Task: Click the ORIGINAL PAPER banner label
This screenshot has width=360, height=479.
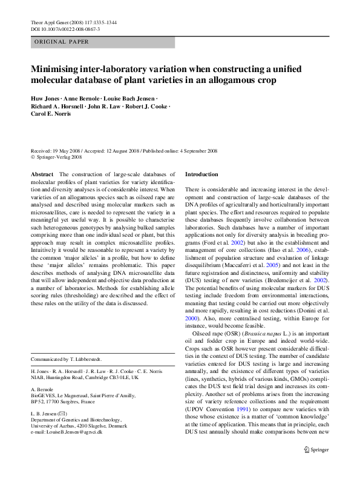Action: click(x=62, y=42)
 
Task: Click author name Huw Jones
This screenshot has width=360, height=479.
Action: click(x=44, y=99)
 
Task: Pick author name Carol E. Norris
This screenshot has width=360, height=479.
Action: click(x=51, y=113)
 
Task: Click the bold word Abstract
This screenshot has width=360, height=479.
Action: click(x=42, y=174)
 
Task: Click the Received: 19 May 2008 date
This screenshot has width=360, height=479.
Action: click(x=56, y=151)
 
